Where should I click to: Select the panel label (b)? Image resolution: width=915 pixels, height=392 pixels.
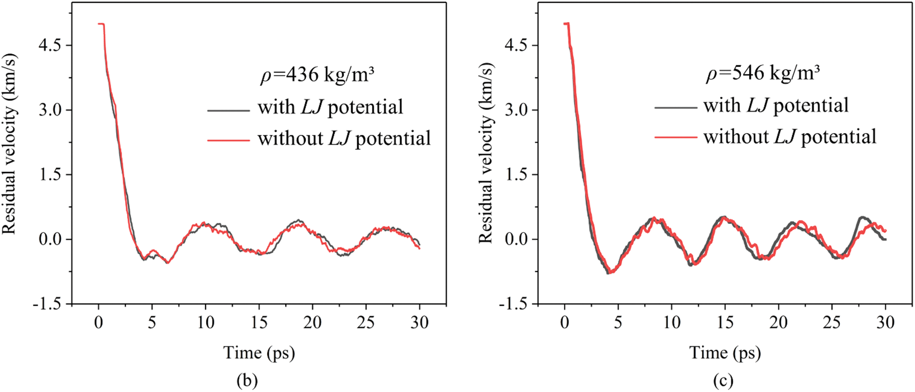tap(247, 380)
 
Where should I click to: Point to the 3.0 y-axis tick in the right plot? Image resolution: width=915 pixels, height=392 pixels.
tap(517, 109)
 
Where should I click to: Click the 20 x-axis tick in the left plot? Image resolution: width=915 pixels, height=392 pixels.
tap(312, 323)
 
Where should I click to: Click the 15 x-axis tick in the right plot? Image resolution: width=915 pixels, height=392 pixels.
tap(725, 323)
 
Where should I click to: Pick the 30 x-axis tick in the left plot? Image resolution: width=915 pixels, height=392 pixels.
tap(420, 323)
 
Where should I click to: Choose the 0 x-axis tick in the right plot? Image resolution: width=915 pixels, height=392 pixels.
tap(564, 323)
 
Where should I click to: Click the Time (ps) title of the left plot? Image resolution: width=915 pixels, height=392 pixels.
tap(259, 352)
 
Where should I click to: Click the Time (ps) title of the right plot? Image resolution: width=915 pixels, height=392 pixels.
tap(725, 352)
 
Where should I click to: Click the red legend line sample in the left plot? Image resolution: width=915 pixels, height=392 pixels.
tap(228, 140)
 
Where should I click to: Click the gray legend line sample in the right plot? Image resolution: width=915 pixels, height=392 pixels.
tap(675, 107)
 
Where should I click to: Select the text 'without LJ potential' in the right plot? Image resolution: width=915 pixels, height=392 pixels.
tap(789, 137)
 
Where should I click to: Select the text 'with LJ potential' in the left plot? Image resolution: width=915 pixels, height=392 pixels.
tap(330, 107)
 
